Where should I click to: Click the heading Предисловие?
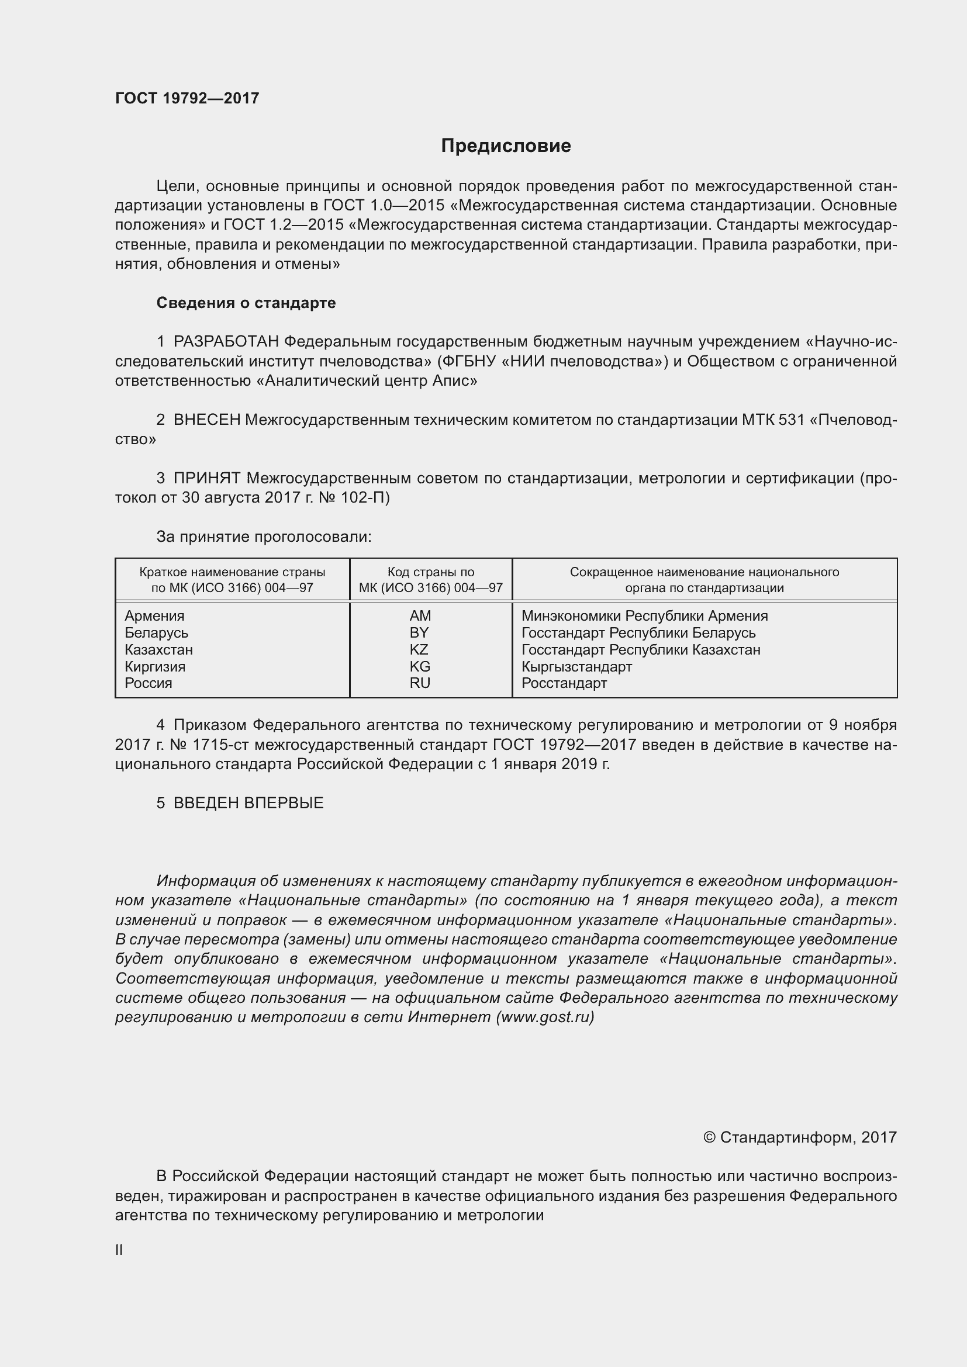506,146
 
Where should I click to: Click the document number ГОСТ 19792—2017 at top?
187,98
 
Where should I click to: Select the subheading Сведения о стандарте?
246,303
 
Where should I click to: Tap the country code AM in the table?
420,615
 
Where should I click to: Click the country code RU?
419,683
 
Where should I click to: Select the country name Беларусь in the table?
156,632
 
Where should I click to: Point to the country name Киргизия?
155,666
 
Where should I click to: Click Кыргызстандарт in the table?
576,666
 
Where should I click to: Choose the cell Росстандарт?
564,683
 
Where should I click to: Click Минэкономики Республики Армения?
644,615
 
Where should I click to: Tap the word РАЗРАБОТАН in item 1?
226,342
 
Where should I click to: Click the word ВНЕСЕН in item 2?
206,420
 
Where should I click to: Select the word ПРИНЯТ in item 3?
206,478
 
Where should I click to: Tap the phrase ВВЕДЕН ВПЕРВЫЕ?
248,803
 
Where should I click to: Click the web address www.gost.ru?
545,1017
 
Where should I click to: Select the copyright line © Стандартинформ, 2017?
799,1137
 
